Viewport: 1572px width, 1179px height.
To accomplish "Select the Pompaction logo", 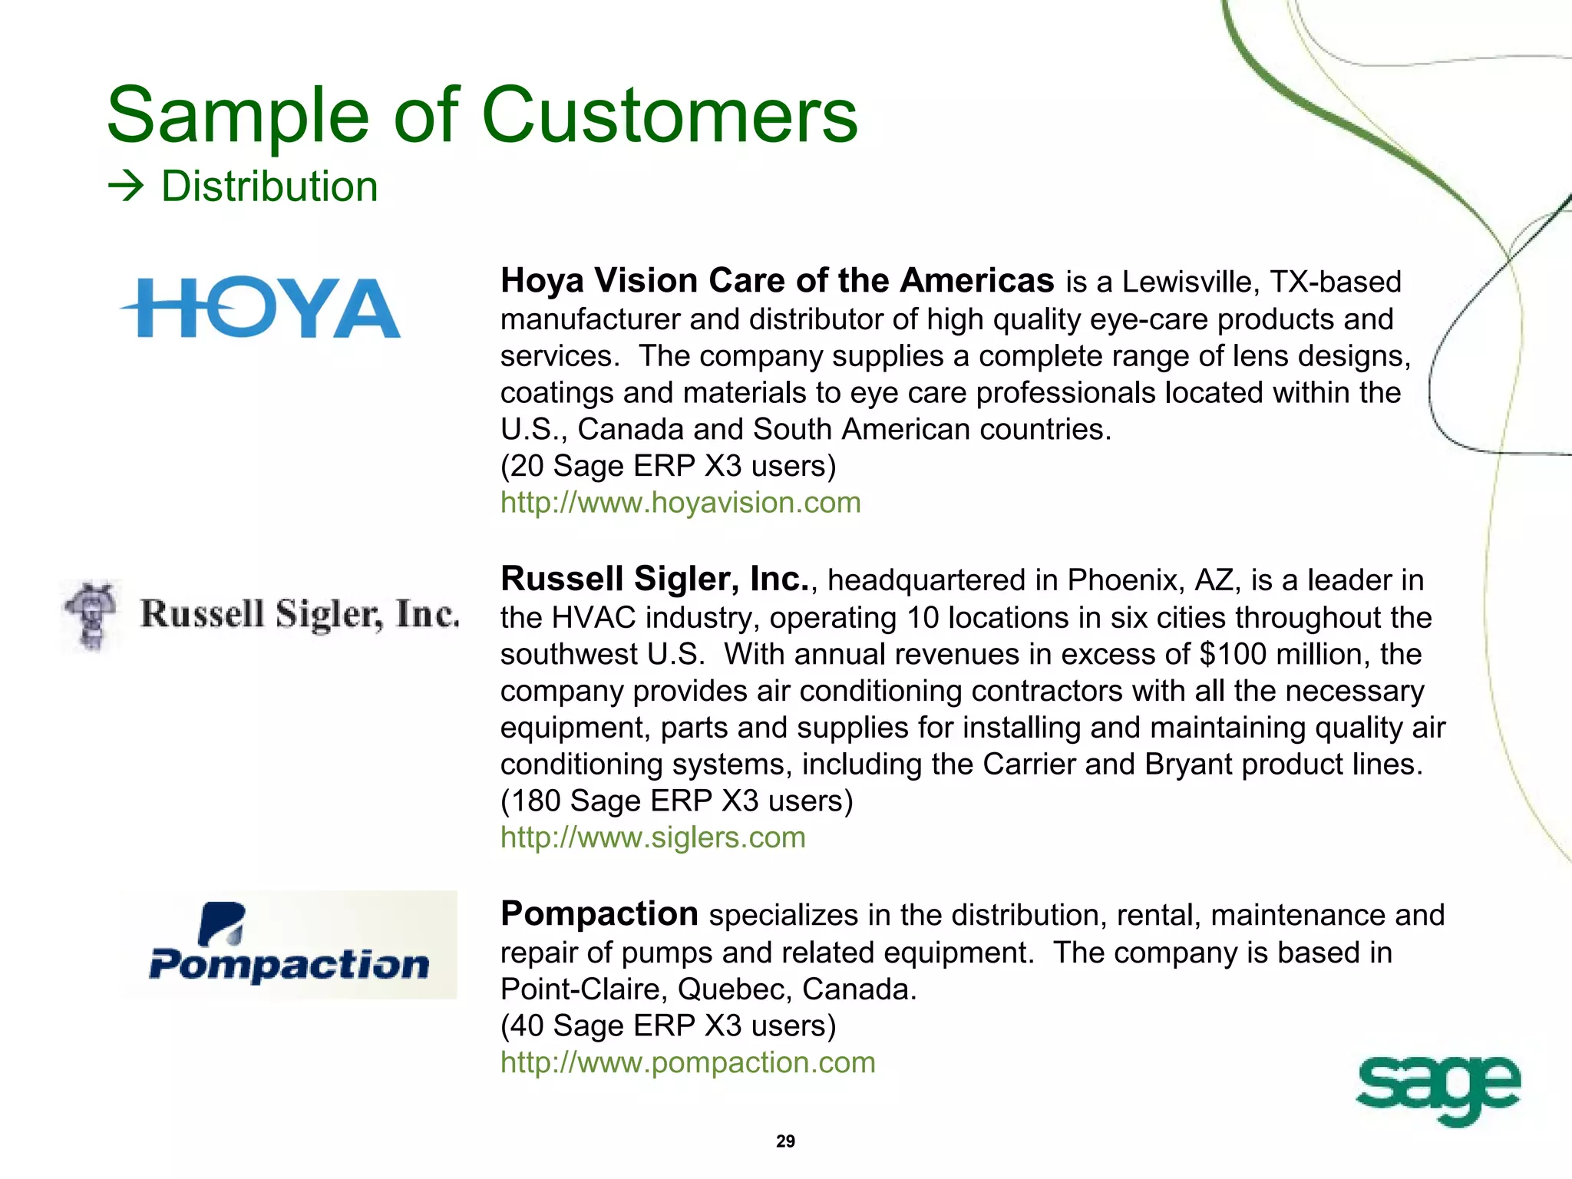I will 289,945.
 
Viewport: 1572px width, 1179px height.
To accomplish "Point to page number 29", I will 785,1141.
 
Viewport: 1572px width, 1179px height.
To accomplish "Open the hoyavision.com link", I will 680,503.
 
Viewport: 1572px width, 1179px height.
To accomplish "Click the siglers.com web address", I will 652,837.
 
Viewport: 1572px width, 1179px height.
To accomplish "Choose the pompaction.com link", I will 688,1062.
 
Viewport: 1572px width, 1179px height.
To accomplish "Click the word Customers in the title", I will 669,115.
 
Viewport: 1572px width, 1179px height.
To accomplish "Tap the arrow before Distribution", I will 126,187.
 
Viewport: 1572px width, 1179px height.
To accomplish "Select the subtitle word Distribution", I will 269,187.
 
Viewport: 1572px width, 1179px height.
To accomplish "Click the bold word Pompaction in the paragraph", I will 599,914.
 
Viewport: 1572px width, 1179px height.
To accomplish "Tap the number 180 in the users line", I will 536,801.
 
